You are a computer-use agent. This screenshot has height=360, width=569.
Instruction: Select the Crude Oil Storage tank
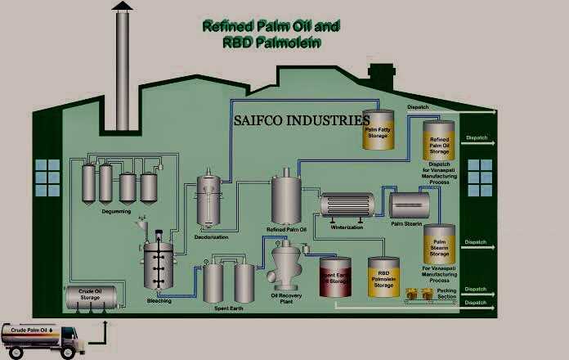click(x=90, y=295)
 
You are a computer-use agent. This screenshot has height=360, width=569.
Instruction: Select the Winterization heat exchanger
click(x=347, y=205)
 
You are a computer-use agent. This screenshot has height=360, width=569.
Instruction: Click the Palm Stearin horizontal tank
click(x=411, y=202)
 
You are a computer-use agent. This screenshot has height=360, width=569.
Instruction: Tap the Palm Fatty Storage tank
click(x=377, y=131)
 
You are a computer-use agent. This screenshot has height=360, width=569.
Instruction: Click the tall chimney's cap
click(x=121, y=7)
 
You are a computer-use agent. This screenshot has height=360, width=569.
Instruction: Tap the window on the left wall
click(x=47, y=176)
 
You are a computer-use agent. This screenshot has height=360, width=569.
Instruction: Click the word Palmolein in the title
click(x=286, y=43)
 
